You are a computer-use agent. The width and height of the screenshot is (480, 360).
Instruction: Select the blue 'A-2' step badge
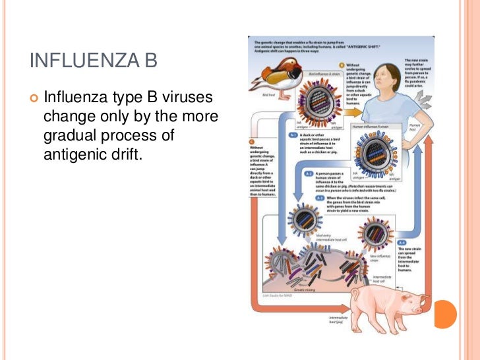pyautogui.click(x=309, y=173)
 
